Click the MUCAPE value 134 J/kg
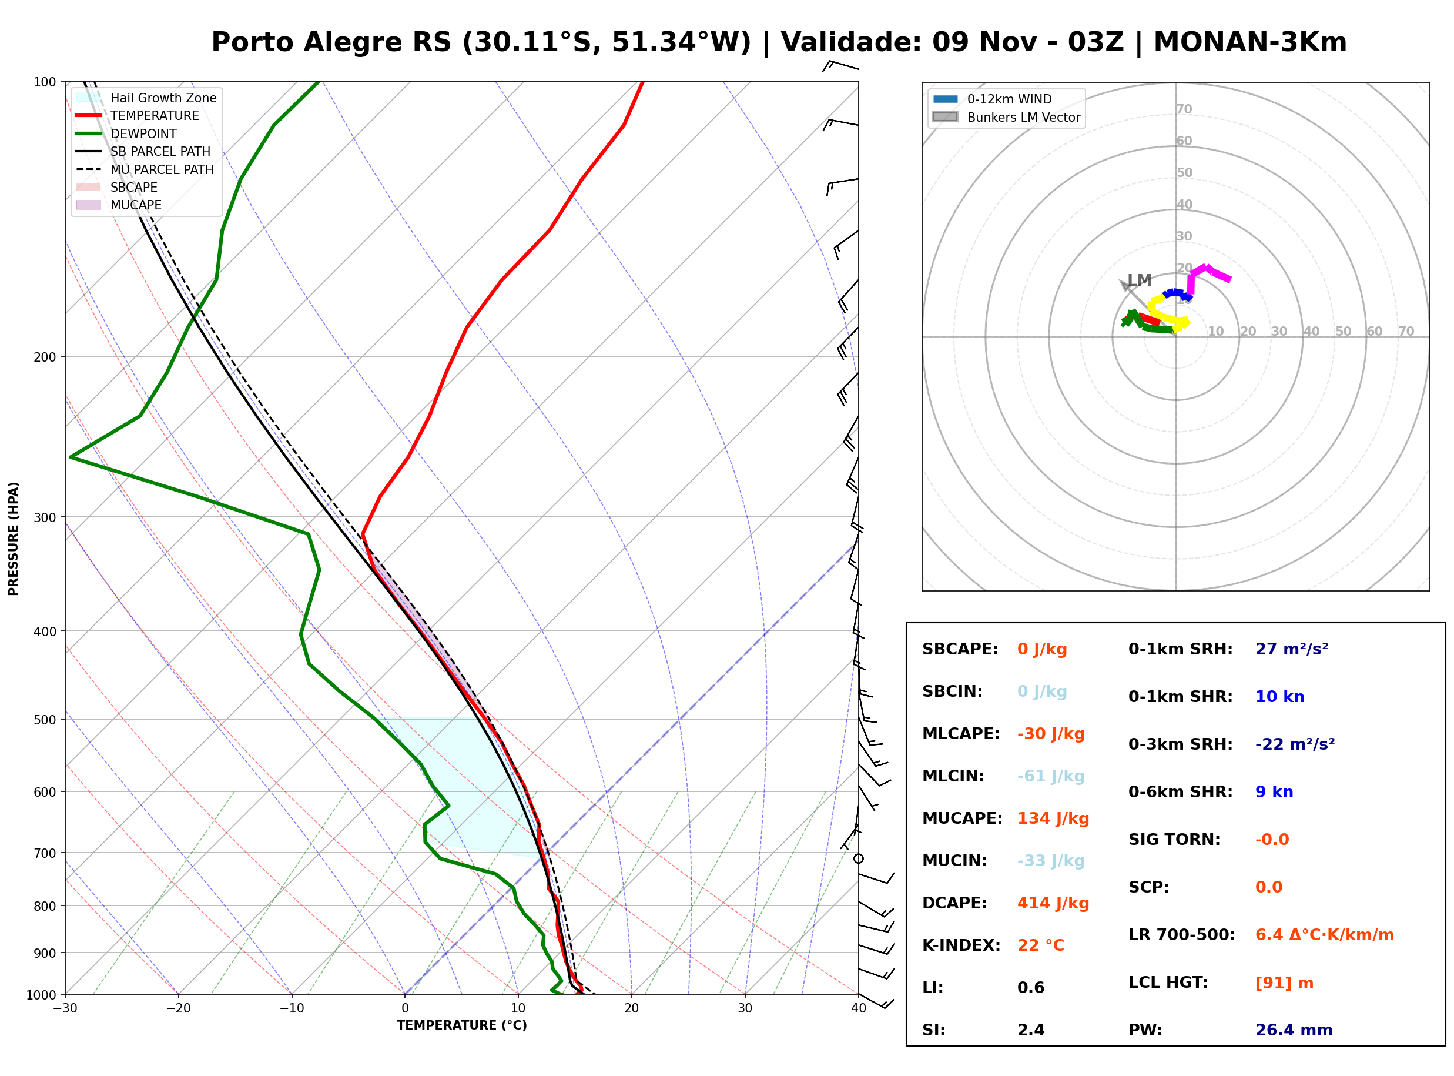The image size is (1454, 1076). [x=1053, y=818]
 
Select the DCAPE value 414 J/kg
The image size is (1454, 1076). [x=1053, y=903]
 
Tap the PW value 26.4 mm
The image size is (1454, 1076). [x=1294, y=1030]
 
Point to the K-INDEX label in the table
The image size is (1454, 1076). [x=961, y=945]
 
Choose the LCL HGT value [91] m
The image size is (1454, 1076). [x=1284, y=983]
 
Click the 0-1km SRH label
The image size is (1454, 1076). [x=1181, y=649]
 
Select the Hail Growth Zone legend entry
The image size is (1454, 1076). [x=146, y=98]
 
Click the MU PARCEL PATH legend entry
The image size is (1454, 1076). [x=145, y=169]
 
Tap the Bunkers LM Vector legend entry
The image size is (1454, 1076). [x=1006, y=117]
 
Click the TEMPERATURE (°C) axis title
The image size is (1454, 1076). [x=461, y=1025]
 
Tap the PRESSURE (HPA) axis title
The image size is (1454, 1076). [x=14, y=539]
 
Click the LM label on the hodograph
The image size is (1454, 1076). [x=1140, y=280]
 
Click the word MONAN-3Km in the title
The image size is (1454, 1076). [x=1249, y=42]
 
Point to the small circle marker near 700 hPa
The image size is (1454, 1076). [x=859, y=859]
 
